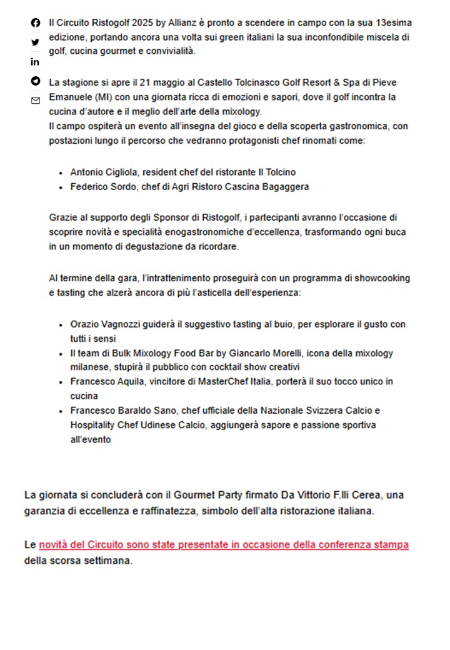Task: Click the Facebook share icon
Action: coord(35,23)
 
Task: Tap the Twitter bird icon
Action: coord(35,42)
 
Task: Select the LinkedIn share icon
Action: coord(35,62)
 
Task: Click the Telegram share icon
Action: coord(35,81)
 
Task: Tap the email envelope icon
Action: coord(35,100)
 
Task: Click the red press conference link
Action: coord(224,545)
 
